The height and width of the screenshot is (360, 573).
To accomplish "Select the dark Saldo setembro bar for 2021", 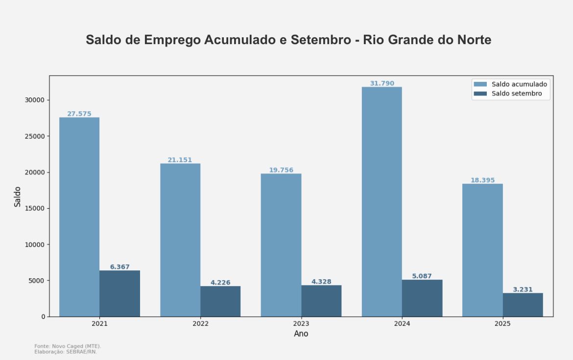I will pyautogui.click(x=119, y=293).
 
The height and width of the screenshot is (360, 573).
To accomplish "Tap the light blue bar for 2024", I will pyautogui.click(x=382, y=201).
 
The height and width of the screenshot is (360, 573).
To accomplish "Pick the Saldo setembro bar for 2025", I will pyautogui.click(x=523, y=305).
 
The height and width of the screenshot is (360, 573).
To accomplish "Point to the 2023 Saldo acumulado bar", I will pyautogui.click(x=281, y=245).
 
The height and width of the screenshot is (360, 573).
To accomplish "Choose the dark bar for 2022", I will pyautogui.click(x=220, y=301).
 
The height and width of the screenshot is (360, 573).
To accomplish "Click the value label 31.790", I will pyautogui.click(x=382, y=83).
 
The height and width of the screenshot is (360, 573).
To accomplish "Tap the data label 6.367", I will pyautogui.click(x=119, y=267).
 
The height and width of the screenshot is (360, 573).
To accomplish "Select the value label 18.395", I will pyautogui.click(x=482, y=180).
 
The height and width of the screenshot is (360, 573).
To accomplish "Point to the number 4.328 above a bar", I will pyautogui.click(x=321, y=282).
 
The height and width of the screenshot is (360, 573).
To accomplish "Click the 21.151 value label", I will pyautogui.click(x=180, y=160).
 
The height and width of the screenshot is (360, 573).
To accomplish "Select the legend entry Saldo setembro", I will pyautogui.click(x=517, y=94).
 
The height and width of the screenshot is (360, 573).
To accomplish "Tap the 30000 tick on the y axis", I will pyautogui.click(x=34, y=100).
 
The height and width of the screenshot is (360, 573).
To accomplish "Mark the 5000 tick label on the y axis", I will pyautogui.click(x=36, y=281).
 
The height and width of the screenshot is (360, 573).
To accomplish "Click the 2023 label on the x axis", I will pyautogui.click(x=301, y=324).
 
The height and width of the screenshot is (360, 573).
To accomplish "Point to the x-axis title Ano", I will pyautogui.click(x=301, y=334).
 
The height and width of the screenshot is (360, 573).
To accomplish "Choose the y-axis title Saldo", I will pyautogui.click(x=18, y=196).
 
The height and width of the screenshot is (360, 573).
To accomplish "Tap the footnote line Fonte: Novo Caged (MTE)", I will pyautogui.click(x=68, y=346).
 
